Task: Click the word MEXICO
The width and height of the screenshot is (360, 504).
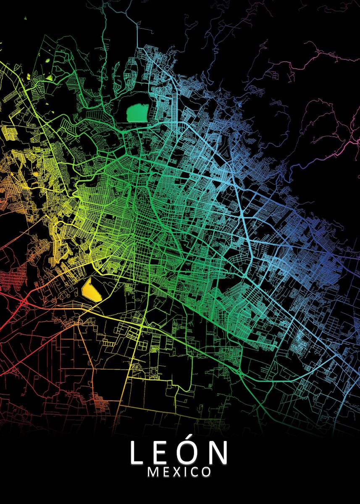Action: [179, 472]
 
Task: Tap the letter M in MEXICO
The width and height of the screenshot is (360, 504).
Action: [153, 472]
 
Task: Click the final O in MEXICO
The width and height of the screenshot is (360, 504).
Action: [205, 472]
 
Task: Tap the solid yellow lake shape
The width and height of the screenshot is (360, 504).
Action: [92, 289]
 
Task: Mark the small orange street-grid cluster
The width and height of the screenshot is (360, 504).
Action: [100, 402]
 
